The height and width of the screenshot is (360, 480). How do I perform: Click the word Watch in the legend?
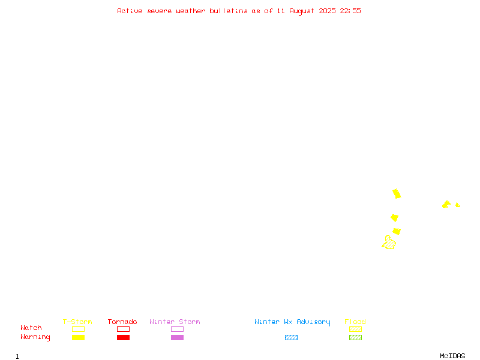tap(31, 328)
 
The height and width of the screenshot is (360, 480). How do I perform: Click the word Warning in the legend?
tap(35, 337)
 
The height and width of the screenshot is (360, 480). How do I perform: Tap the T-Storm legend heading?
tap(77, 322)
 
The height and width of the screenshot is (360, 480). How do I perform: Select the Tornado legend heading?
tap(122, 322)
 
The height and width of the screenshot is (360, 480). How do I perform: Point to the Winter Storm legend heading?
tap(175, 322)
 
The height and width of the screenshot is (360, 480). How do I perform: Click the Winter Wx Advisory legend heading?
tap(292, 322)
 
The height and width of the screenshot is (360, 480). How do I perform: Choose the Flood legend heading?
tap(355, 322)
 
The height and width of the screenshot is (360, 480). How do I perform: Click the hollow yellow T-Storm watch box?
tap(79, 329)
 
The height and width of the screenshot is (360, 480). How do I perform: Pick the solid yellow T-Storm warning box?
tap(79, 337)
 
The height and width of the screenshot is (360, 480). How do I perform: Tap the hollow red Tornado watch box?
tap(124, 329)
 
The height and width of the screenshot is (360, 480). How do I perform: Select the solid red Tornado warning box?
tap(124, 337)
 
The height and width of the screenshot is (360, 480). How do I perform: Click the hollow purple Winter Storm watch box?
tap(177, 329)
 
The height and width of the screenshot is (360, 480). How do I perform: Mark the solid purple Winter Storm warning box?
tap(177, 337)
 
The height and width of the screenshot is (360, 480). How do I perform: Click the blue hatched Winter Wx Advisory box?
tap(291, 337)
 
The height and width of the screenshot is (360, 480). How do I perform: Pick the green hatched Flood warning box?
tap(355, 337)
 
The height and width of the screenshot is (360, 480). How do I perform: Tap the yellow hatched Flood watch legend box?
tap(355, 329)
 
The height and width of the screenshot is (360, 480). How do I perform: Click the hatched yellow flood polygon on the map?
tap(389, 244)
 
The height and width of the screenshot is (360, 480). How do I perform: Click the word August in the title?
tap(302, 11)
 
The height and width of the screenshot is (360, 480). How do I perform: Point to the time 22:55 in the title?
tap(350, 11)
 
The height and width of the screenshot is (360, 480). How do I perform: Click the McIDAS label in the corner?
tap(452, 356)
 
